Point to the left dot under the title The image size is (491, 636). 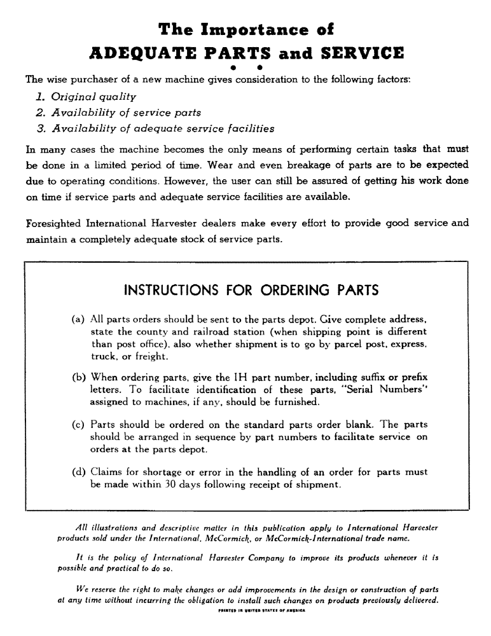click(235, 67)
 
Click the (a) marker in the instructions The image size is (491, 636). click(80, 317)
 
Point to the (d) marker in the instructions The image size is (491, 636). click(80, 472)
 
